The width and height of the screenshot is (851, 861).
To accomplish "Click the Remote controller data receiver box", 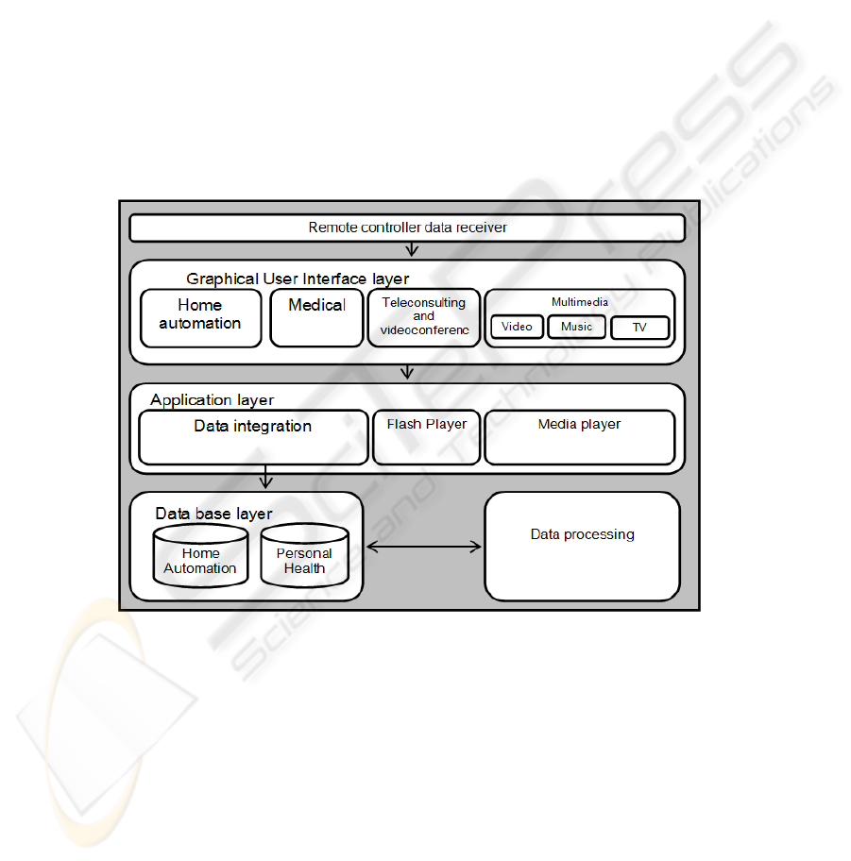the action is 407,228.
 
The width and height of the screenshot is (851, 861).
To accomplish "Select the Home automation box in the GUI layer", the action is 200,317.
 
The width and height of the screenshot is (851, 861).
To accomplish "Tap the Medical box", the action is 316,317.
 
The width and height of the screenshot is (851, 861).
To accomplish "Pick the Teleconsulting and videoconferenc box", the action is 424,317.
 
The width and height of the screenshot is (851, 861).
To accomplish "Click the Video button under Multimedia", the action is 517,327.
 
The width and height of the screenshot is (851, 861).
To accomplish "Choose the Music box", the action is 576,327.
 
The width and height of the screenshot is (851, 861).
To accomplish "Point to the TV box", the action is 639,328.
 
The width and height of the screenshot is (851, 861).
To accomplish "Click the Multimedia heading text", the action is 579,302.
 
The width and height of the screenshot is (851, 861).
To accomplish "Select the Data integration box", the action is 253,437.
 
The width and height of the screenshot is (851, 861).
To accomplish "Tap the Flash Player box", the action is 426,437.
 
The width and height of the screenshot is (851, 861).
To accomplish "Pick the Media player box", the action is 579,437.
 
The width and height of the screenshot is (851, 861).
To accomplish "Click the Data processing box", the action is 582,546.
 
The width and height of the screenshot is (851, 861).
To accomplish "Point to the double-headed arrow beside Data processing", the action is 423,547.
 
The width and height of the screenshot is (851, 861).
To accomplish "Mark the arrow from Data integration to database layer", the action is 266,477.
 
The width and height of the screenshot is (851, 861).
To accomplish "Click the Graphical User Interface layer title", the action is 298,279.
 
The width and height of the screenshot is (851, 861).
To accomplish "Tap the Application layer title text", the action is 212,400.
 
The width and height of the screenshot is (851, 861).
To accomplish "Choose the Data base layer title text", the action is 213,514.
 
